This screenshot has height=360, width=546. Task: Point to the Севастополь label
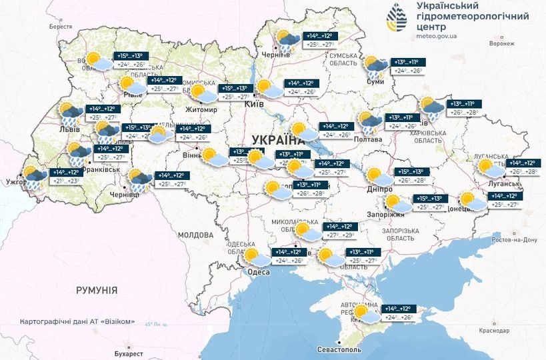(x=338, y=349)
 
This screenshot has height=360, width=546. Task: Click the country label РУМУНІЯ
(x=96, y=291)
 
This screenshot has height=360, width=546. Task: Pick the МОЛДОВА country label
(x=195, y=235)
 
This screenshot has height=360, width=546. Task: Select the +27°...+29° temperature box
(x=339, y=235)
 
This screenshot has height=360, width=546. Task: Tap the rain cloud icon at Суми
(x=374, y=66)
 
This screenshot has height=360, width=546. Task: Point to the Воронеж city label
(x=502, y=44)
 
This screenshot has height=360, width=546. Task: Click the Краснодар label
(x=495, y=331)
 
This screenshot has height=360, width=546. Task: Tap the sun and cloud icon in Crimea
(x=364, y=313)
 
